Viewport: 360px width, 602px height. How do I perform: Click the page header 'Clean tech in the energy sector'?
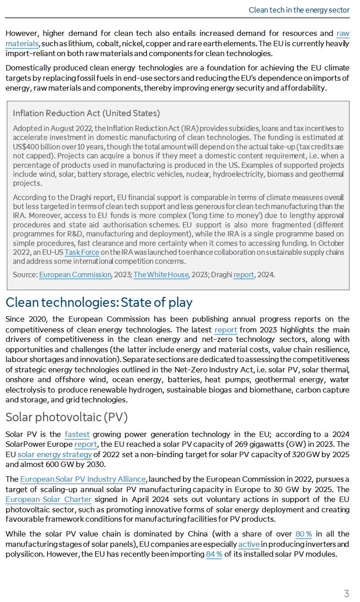(x=299, y=10)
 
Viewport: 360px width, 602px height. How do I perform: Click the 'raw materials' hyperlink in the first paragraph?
(x=343, y=34)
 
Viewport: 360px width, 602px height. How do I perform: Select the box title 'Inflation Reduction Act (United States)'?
(x=86, y=113)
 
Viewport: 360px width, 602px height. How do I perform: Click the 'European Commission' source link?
(x=75, y=275)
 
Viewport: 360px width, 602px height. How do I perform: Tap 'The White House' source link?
(x=161, y=275)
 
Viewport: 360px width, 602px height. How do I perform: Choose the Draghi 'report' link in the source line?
(x=244, y=275)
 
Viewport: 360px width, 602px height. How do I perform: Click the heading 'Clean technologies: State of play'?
(x=99, y=302)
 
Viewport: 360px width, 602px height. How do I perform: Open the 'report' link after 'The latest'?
(x=226, y=330)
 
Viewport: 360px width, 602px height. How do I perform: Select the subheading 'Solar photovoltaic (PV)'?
(x=66, y=417)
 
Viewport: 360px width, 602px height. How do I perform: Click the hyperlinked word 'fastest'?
(x=77, y=434)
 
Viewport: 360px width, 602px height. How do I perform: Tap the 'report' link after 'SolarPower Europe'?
(x=86, y=445)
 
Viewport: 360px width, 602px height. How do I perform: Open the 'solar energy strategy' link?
(x=55, y=455)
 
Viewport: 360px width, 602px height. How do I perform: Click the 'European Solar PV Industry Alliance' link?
(x=83, y=480)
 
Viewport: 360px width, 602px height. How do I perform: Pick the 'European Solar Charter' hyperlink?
(x=48, y=499)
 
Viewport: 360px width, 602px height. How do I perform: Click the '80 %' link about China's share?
(x=304, y=534)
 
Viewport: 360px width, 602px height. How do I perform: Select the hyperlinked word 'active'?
(x=249, y=544)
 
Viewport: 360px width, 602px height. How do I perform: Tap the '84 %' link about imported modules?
(x=214, y=554)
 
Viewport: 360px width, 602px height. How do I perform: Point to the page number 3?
(x=346, y=593)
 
